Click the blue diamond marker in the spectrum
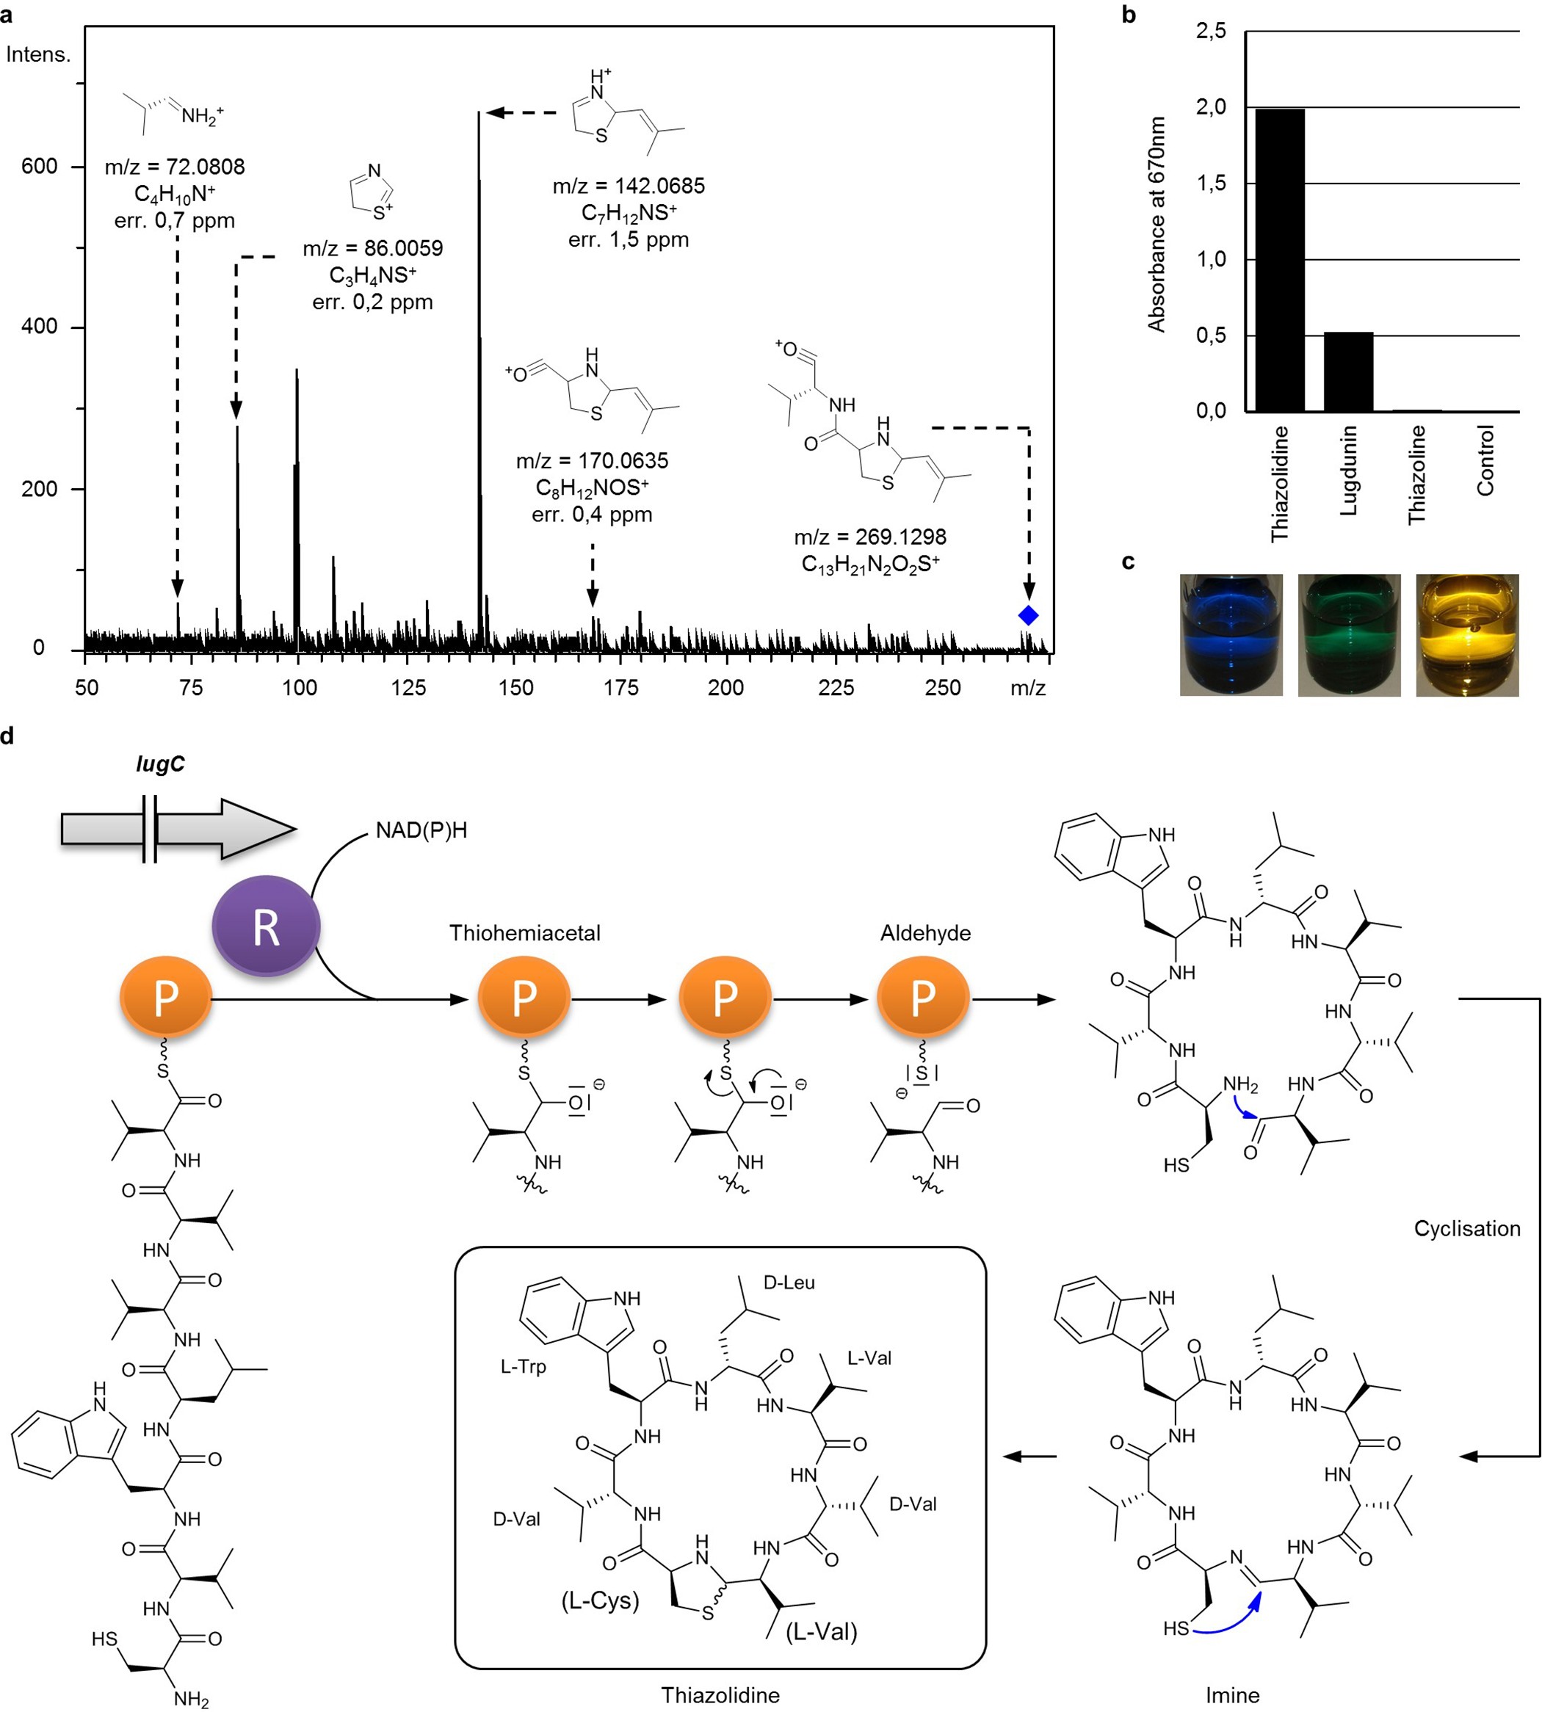click(1028, 616)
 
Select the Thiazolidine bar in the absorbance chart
click(1279, 260)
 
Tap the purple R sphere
click(266, 926)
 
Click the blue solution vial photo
click(1231, 634)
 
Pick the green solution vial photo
click(1349, 634)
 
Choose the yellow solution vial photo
click(1466, 634)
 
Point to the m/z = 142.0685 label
click(628, 186)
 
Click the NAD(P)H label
click(421, 830)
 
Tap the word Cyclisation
click(1466, 1228)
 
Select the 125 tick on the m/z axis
click(408, 687)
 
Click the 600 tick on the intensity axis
click(39, 166)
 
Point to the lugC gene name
click(160, 764)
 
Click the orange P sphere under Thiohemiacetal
click(524, 998)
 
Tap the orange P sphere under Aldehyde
click(923, 998)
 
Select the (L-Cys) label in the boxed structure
click(600, 1600)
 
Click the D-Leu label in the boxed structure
click(789, 1283)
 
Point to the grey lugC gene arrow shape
click(178, 828)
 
